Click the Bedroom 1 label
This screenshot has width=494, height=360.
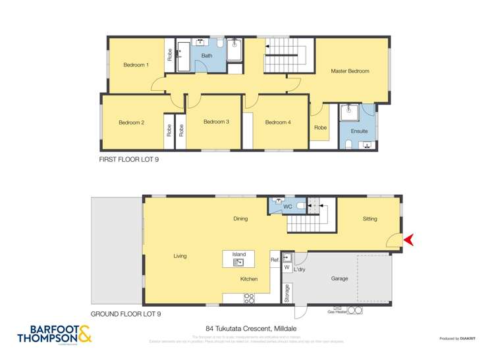136,65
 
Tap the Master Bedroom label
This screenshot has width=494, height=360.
350,71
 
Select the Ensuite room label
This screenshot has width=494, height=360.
359,131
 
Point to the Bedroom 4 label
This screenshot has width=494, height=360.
278,122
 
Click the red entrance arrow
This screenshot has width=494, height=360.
408,240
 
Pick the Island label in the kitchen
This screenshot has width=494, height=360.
238,254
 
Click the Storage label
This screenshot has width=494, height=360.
287,294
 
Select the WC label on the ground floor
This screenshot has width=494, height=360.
287,207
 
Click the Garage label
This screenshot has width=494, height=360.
339,279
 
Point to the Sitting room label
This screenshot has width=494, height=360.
370,219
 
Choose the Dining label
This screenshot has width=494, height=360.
240,219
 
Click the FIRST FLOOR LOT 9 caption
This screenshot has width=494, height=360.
128,159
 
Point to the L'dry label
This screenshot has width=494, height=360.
299,267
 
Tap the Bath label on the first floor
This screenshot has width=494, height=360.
207,56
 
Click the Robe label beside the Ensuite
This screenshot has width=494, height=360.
321,128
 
